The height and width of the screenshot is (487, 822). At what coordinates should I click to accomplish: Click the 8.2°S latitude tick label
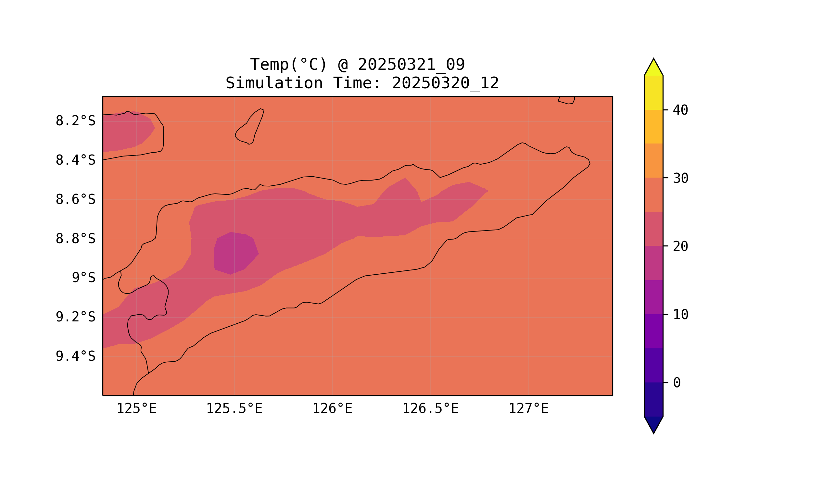pyautogui.click(x=75, y=121)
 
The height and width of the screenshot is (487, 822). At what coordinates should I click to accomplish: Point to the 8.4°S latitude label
pyautogui.click(x=75, y=160)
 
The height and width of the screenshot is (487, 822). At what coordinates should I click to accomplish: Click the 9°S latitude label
pyautogui.click(x=83, y=278)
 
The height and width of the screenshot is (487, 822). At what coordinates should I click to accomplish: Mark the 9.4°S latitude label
pyautogui.click(x=75, y=356)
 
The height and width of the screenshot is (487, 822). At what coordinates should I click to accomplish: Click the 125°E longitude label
pyautogui.click(x=136, y=409)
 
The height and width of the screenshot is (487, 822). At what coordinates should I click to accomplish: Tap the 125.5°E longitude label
pyautogui.click(x=234, y=409)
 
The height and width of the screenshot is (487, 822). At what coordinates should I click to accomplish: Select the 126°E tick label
pyautogui.click(x=332, y=409)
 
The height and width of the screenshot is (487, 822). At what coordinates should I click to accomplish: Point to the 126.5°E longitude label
pyautogui.click(x=430, y=409)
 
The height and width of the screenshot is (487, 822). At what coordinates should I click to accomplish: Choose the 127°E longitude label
pyautogui.click(x=528, y=409)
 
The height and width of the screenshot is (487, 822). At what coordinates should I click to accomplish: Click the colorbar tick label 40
pyautogui.click(x=680, y=110)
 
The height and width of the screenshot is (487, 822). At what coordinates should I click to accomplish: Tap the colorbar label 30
pyautogui.click(x=680, y=179)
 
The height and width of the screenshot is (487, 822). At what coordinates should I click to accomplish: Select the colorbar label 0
pyautogui.click(x=677, y=383)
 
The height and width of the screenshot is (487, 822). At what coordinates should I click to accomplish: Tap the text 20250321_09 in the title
pyautogui.click(x=411, y=65)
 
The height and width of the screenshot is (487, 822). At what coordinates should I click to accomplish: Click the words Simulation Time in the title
pyautogui.click(x=303, y=83)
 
